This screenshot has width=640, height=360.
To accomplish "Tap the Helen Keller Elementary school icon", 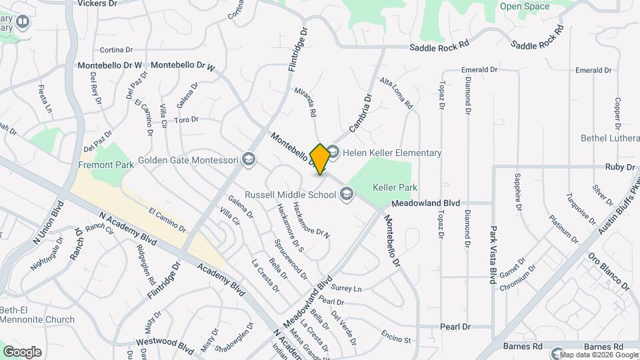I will click(x=333, y=153).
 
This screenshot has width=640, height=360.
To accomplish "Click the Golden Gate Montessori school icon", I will click(x=249, y=159).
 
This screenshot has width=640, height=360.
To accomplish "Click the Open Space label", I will click(x=525, y=7).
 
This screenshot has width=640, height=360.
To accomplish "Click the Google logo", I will click(x=22, y=352).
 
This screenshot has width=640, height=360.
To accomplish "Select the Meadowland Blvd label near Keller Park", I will click(x=426, y=203).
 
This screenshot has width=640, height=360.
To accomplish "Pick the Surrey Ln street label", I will click(x=345, y=289).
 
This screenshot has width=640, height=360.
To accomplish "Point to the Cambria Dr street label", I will click(x=360, y=113).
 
